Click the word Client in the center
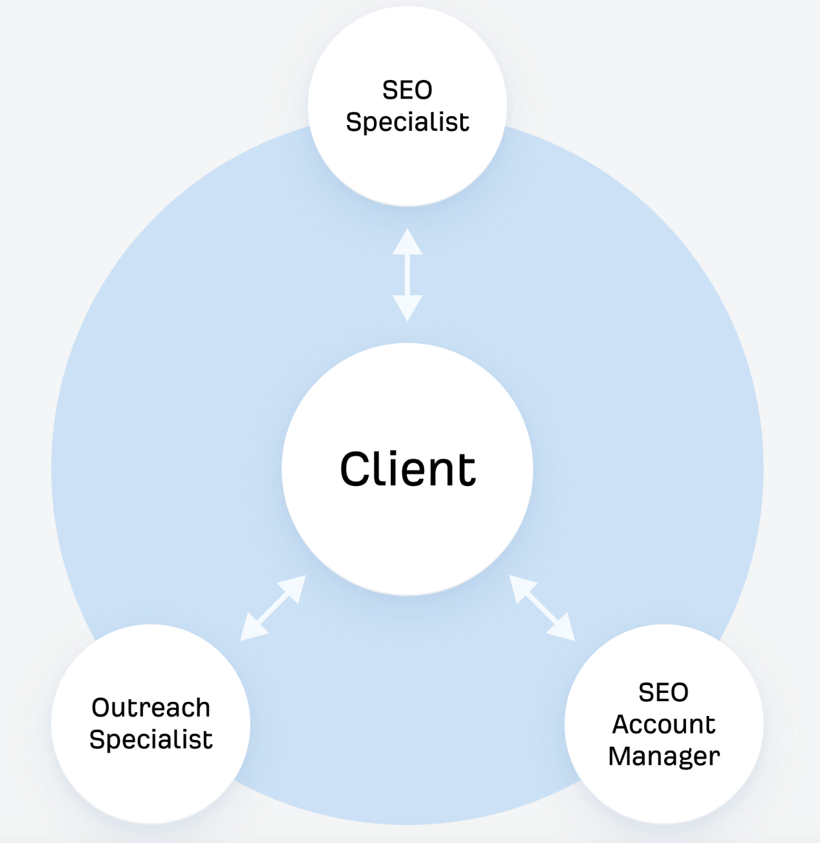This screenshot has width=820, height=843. coord(407,469)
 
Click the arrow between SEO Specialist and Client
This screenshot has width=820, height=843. coord(407,275)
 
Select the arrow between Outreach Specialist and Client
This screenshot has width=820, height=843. coord(273,608)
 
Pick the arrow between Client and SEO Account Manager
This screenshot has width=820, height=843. coord(542,608)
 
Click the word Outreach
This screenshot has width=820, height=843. coord(151,708)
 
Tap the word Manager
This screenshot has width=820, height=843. coord(664,756)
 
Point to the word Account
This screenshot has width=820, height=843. coord(664,724)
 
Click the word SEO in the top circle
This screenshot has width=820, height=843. coord(407,90)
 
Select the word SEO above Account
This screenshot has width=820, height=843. coord(663,693)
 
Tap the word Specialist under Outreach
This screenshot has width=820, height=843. coord(151,739)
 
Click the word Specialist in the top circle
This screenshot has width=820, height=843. coord(407,122)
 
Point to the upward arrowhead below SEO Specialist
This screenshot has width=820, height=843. coord(407,243)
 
